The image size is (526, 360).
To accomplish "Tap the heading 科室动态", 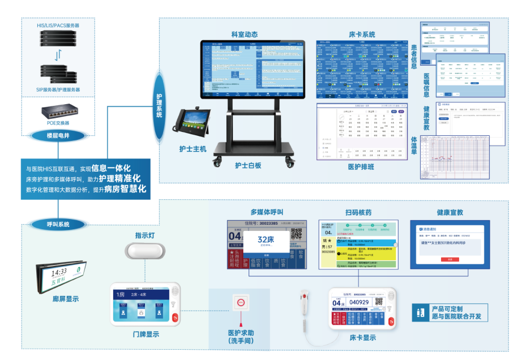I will (x=244, y=34).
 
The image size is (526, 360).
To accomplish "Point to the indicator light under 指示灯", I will (x=146, y=250).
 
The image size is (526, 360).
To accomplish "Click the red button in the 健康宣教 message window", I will (x=450, y=259).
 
